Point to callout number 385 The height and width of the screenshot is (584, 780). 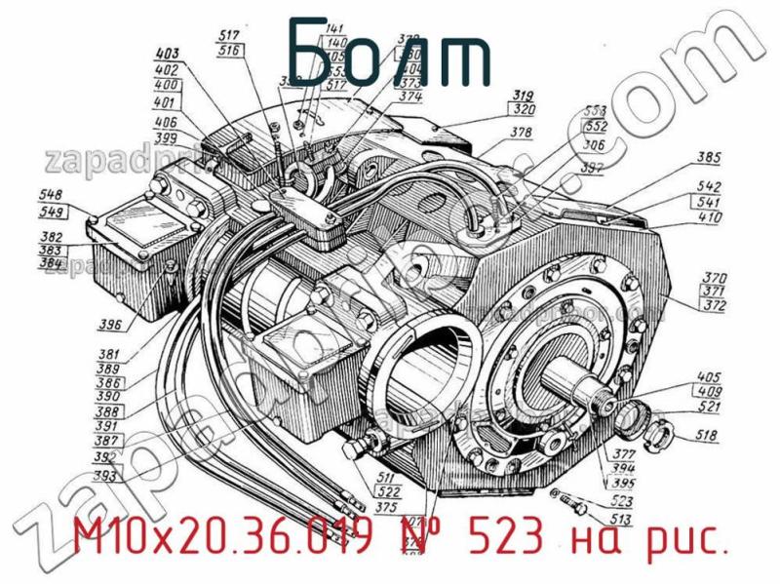click(x=710, y=157)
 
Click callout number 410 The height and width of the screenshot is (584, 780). click(x=710, y=218)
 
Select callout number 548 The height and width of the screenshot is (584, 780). click(x=52, y=193)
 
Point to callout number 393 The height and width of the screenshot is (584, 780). click(x=107, y=476)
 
